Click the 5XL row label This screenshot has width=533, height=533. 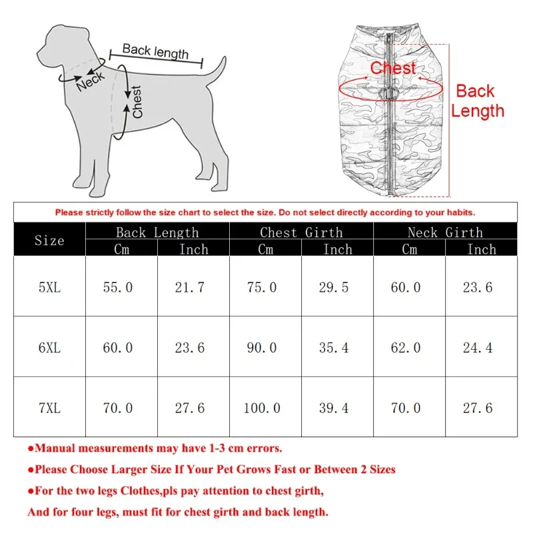(x=49, y=287)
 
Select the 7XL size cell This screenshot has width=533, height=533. (x=49, y=408)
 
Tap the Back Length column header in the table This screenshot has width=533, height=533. (x=157, y=232)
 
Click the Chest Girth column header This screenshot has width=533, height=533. (x=301, y=232)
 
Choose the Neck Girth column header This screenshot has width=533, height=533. (x=445, y=232)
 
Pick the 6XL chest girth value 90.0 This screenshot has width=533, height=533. (x=265, y=348)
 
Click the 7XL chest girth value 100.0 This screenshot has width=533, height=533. (x=265, y=408)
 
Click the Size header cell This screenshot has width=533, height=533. (x=49, y=240)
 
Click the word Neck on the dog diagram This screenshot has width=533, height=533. (x=90, y=81)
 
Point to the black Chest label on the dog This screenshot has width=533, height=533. (x=137, y=102)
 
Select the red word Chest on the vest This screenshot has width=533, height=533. (x=393, y=68)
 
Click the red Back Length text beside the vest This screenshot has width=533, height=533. (x=476, y=101)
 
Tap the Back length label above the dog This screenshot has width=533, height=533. (x=155, y=51)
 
